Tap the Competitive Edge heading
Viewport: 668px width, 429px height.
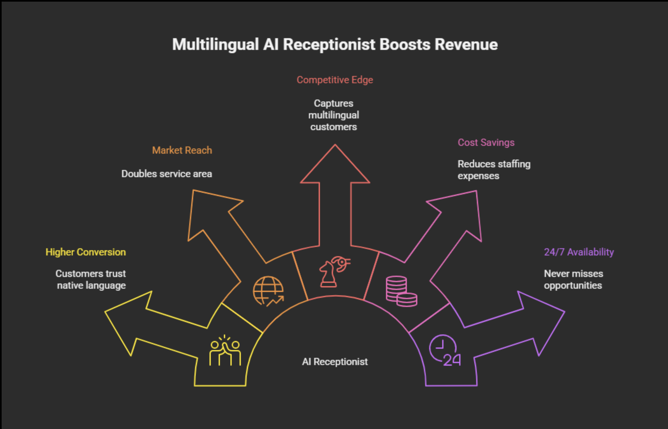[x=335, y=80]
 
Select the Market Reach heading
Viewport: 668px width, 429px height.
[x=182, y=150]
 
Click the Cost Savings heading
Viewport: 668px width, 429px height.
[x=486, y=143]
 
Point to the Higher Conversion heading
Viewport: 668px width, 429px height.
[x=86, y=252]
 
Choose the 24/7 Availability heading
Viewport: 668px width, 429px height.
[x=579, y=252]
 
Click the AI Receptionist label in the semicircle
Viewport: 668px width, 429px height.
[x=335, y=362]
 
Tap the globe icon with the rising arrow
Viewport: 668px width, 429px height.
[x=268, y=291]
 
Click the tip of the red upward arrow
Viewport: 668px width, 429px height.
[x=335, y=145]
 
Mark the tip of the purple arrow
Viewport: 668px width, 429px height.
[x=564, y=312]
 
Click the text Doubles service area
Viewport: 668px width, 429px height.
[x=167, y=174]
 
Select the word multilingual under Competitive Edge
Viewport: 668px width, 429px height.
[x=334, y=115]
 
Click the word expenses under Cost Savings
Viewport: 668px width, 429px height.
[x=478, y=176]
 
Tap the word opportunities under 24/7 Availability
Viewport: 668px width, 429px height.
[x=573, y=286]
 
